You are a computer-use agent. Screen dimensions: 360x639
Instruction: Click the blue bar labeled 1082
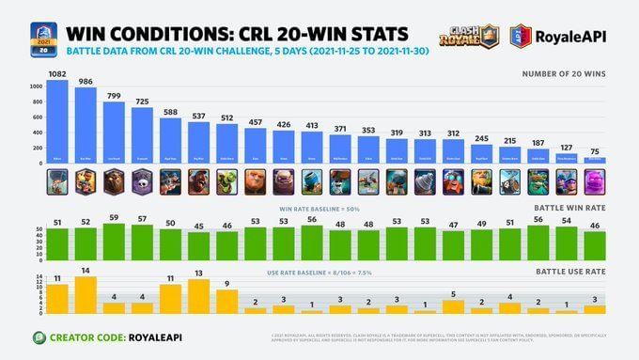(x=57, y=122)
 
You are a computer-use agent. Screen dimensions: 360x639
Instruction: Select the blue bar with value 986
(x=86, y=127)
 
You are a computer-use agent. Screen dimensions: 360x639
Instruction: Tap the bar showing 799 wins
(x=114, y=134)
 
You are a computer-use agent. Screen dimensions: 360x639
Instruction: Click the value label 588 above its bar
(x=170, y=111)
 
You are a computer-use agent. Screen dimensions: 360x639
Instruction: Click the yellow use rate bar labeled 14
(x=86, y=295)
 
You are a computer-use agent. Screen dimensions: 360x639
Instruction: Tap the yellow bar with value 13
(x=198, y=297)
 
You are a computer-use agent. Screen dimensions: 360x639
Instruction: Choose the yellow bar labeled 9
(x=226, y=302)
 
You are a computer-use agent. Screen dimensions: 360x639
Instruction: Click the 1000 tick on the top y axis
(x=37, y=86)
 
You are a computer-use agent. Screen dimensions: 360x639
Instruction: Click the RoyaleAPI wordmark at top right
(x=574, y=36)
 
